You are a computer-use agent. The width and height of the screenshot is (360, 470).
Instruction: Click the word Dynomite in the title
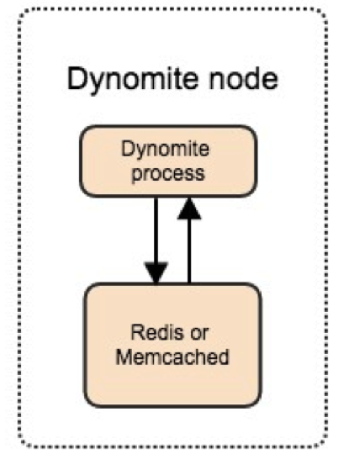pos(133,79)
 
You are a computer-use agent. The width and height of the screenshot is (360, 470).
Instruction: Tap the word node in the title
pos(243,78)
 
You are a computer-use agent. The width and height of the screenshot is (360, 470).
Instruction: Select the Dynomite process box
pos(168,161)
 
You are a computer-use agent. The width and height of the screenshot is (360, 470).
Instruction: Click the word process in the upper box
pos(168,174)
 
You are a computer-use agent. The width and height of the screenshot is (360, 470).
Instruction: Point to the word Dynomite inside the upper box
pos(165,150)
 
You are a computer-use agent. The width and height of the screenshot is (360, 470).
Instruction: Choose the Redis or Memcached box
pos(172,345)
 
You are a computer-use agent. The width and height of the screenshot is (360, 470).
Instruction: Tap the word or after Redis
pos(199,334)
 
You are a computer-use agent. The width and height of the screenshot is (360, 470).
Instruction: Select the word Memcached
pos(172,356)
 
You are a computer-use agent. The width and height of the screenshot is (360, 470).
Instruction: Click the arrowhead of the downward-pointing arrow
pos(156,272)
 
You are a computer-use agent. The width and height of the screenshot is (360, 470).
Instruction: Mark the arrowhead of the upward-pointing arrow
pos(189,209)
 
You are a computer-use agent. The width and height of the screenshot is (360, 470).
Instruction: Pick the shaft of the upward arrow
pos(189,251)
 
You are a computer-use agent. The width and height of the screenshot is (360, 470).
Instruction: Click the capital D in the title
pos(77,78)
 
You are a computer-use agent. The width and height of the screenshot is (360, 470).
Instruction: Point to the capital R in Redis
pos(137,333)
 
